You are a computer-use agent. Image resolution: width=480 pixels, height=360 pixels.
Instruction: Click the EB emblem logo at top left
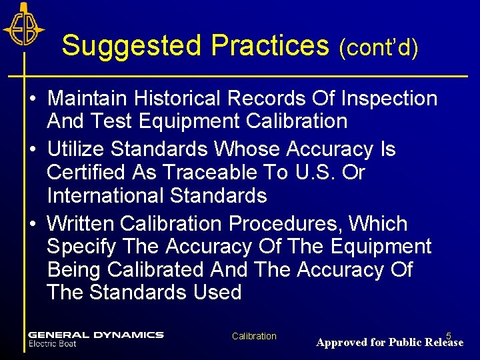point(24,28)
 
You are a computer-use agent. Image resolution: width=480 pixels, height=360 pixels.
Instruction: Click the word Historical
point(181,99)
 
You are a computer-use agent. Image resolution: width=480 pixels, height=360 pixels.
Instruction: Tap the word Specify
point(82,247)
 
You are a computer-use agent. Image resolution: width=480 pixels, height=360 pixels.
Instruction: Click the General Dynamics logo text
point(95,335)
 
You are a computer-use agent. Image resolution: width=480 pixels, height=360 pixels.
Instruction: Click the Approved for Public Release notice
point(389,343)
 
